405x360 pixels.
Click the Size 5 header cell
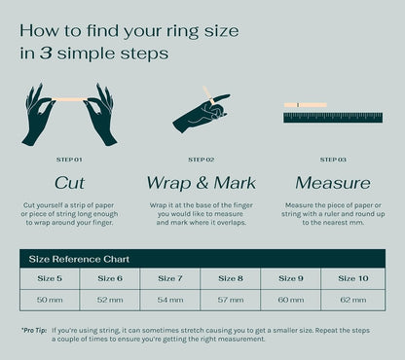[x=50, y=278]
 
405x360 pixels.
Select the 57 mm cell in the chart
[x=231, y=300]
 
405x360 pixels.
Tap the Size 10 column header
[x=353, y=278]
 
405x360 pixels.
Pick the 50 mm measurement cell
[x=50, y=300]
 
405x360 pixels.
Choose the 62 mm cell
[x=353, y=300]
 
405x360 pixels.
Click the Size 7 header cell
[x=170, y=278]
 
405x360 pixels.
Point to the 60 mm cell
[x=291, y=300]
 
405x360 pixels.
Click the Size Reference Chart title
[x=79, y=259]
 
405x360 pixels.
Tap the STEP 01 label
[x=69, y=160]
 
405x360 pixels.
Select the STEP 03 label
[x=333, y=160]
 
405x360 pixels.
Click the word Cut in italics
[x=69, y=183]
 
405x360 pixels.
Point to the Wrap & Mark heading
[x=202, y=183]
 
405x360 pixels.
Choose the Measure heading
[x=333, y=183]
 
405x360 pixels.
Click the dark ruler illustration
[x=333, y=118]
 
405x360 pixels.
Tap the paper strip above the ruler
[x=306, y=105]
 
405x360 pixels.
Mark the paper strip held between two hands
[x=69, y=99]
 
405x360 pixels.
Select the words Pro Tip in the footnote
[x=34, y=331]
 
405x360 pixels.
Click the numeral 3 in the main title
[x=46, y=54]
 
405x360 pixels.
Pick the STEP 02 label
[x=202, y=160]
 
